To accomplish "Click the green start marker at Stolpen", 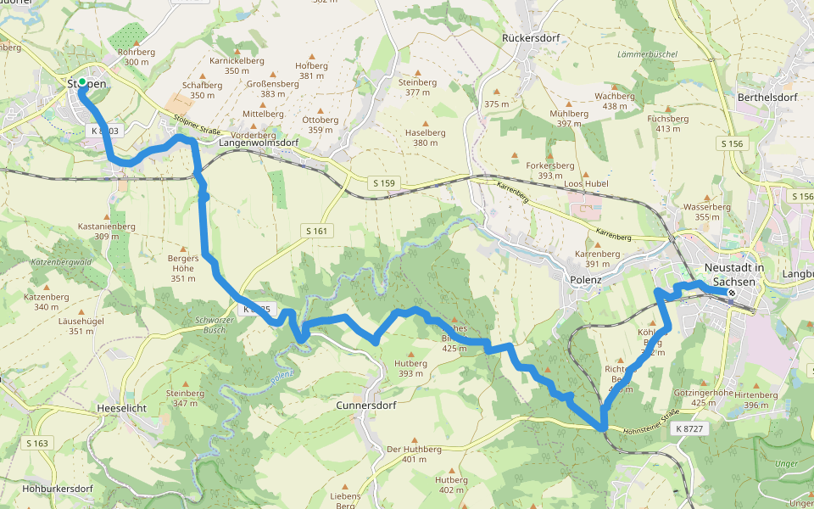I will (82, 82).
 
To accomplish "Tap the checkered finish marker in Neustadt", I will (732, 293).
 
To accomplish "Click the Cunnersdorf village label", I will (367, 405).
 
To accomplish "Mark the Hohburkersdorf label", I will (57, 489).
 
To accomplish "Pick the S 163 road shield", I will (37, 443).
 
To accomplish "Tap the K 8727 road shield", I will (690, 430).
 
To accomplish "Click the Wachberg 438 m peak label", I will (614, 101).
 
